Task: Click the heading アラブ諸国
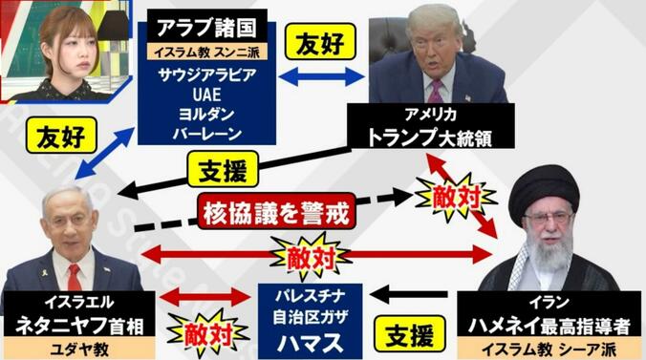(201, 26)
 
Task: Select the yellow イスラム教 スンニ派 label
(201, 51)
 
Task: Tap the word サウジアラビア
(201, 74)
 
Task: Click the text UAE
(201, 95)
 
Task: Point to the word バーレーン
(201, 137)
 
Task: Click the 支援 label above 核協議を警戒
(222, 173)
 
